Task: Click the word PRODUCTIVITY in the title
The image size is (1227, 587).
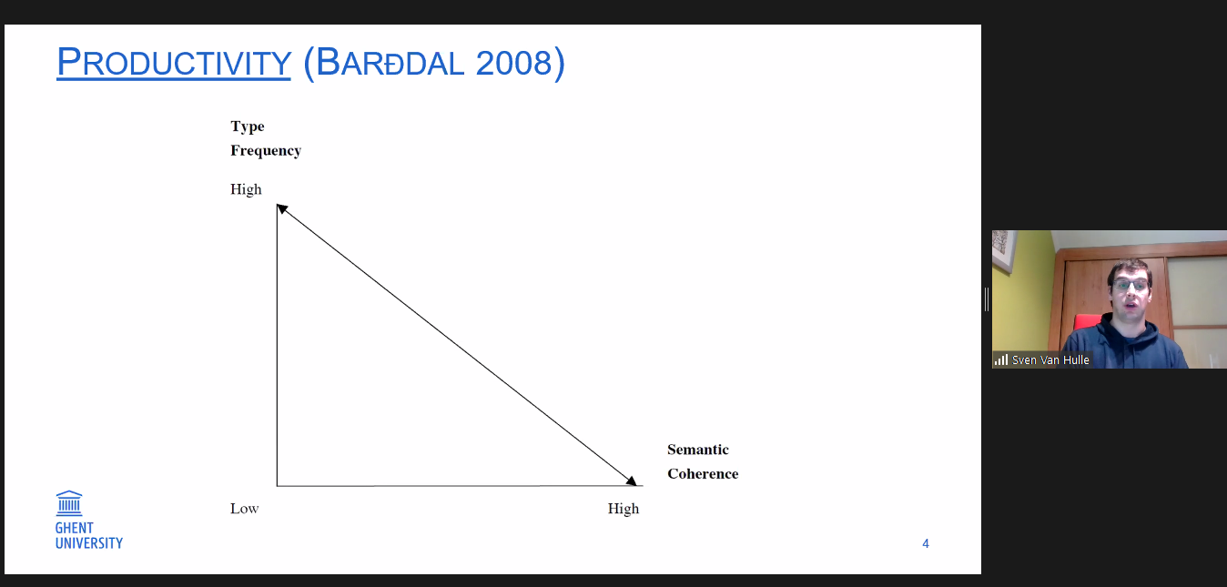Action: (174, 63)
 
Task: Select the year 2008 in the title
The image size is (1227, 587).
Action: (513, 63)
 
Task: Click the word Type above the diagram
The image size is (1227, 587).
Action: (247, 127)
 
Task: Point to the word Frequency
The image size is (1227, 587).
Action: (266, 150)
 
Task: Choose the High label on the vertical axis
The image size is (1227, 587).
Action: (246, 189)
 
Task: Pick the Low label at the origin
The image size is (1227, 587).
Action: (244, 509)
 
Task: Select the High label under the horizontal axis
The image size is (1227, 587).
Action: (624, 509)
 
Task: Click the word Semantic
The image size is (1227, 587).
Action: (698, 450)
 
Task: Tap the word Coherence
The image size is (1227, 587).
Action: (703, 473)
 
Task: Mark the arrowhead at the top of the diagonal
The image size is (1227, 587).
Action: (281, 208)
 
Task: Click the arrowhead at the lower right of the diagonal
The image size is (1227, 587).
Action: (632, 481)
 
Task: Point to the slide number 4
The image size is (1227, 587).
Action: (926, 543)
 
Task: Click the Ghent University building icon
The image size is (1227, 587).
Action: (69, 503)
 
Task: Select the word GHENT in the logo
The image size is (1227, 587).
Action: (74, 529)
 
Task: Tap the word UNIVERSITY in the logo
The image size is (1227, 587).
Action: (89, 543)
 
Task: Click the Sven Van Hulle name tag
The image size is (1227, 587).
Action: (1050, 359)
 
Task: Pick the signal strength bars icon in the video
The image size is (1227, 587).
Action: (1001, 359)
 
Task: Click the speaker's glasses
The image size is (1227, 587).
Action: (1130, 285)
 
